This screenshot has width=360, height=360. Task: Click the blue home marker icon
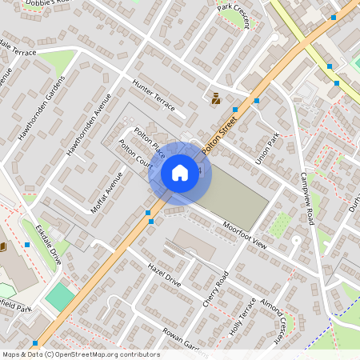pyautogui.click(x=180, y=172)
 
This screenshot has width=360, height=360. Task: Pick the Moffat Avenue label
pyautogui.click(x=107, y=192)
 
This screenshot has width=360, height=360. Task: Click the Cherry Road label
pyautogui.click(x=216, y=284)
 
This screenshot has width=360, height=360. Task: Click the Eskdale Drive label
pyautogui.click(x=48, y=245)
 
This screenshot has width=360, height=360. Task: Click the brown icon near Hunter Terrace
pyautogui.click(x=215, y=99)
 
